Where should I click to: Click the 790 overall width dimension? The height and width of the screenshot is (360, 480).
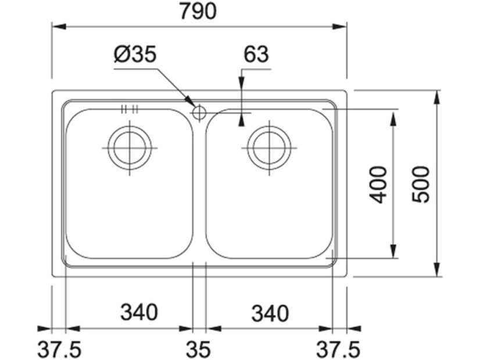[198, 11]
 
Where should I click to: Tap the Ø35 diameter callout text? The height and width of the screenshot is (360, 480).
[135, 54]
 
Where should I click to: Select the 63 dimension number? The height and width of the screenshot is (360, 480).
[256, 54]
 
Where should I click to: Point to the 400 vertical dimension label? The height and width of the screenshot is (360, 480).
[378, 185]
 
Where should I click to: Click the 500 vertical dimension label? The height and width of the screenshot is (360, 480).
[421, 185]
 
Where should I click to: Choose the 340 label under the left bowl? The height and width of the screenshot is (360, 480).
[139, 312]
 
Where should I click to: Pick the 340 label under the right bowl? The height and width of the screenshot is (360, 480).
[270, 314]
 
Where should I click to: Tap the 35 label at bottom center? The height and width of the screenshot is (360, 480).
[198, 350]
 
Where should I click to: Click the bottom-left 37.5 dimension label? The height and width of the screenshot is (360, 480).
[59, 350]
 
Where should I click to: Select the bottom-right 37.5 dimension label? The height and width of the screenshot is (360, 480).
[338, 350]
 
